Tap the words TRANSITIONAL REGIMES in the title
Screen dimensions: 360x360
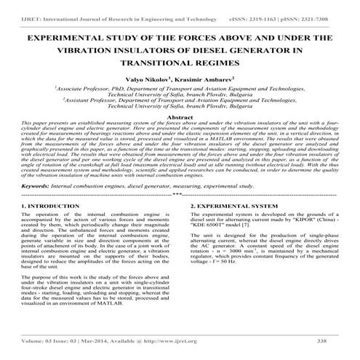(180, 63)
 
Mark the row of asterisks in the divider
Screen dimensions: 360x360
(179, 194)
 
